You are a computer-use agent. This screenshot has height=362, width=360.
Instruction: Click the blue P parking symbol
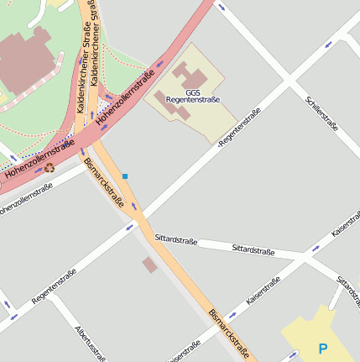(x=323, y=347)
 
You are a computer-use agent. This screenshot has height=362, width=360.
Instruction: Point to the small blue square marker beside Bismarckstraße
(x=125, y=176)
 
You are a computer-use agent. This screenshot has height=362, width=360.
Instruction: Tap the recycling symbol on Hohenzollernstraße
(x=50, y=167)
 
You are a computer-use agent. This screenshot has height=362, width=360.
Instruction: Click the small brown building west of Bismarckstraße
(x=149, y=265)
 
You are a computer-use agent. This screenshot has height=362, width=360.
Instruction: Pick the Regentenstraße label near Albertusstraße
(x=54, y=286)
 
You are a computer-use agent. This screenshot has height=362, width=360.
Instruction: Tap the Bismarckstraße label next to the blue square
(x=105, y=183)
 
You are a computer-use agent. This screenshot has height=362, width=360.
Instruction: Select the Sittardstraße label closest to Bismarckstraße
(x=175, y=240)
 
